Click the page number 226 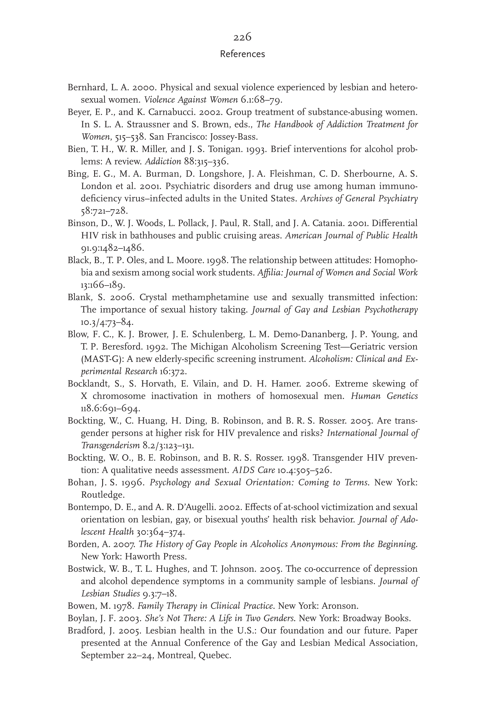(x=242, y=37)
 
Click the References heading (x=242, y=54)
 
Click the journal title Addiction (x=163, y=161)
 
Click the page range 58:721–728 (x=104, y=211)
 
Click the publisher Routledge (x=103, y=495)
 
